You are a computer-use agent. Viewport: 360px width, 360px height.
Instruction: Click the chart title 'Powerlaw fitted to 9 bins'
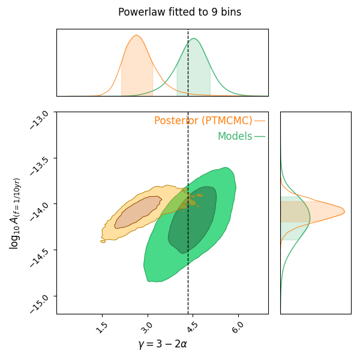(x=179, y=12)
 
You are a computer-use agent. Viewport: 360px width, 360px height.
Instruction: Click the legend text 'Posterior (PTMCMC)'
(x=203, y=121)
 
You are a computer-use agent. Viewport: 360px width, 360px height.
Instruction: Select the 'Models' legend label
(x=235, y=136)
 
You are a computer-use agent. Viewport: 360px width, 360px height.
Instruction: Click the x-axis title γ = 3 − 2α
(x=162, y=344)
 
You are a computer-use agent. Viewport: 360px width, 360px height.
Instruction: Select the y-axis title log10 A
(x=14, y=213)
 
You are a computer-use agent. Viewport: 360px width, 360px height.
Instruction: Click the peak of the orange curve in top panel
(x=136, y=35)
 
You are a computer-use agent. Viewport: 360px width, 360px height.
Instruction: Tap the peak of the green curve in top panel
(x=193, y=39)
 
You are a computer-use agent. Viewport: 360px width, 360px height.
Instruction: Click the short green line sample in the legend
(x=259, y=136)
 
